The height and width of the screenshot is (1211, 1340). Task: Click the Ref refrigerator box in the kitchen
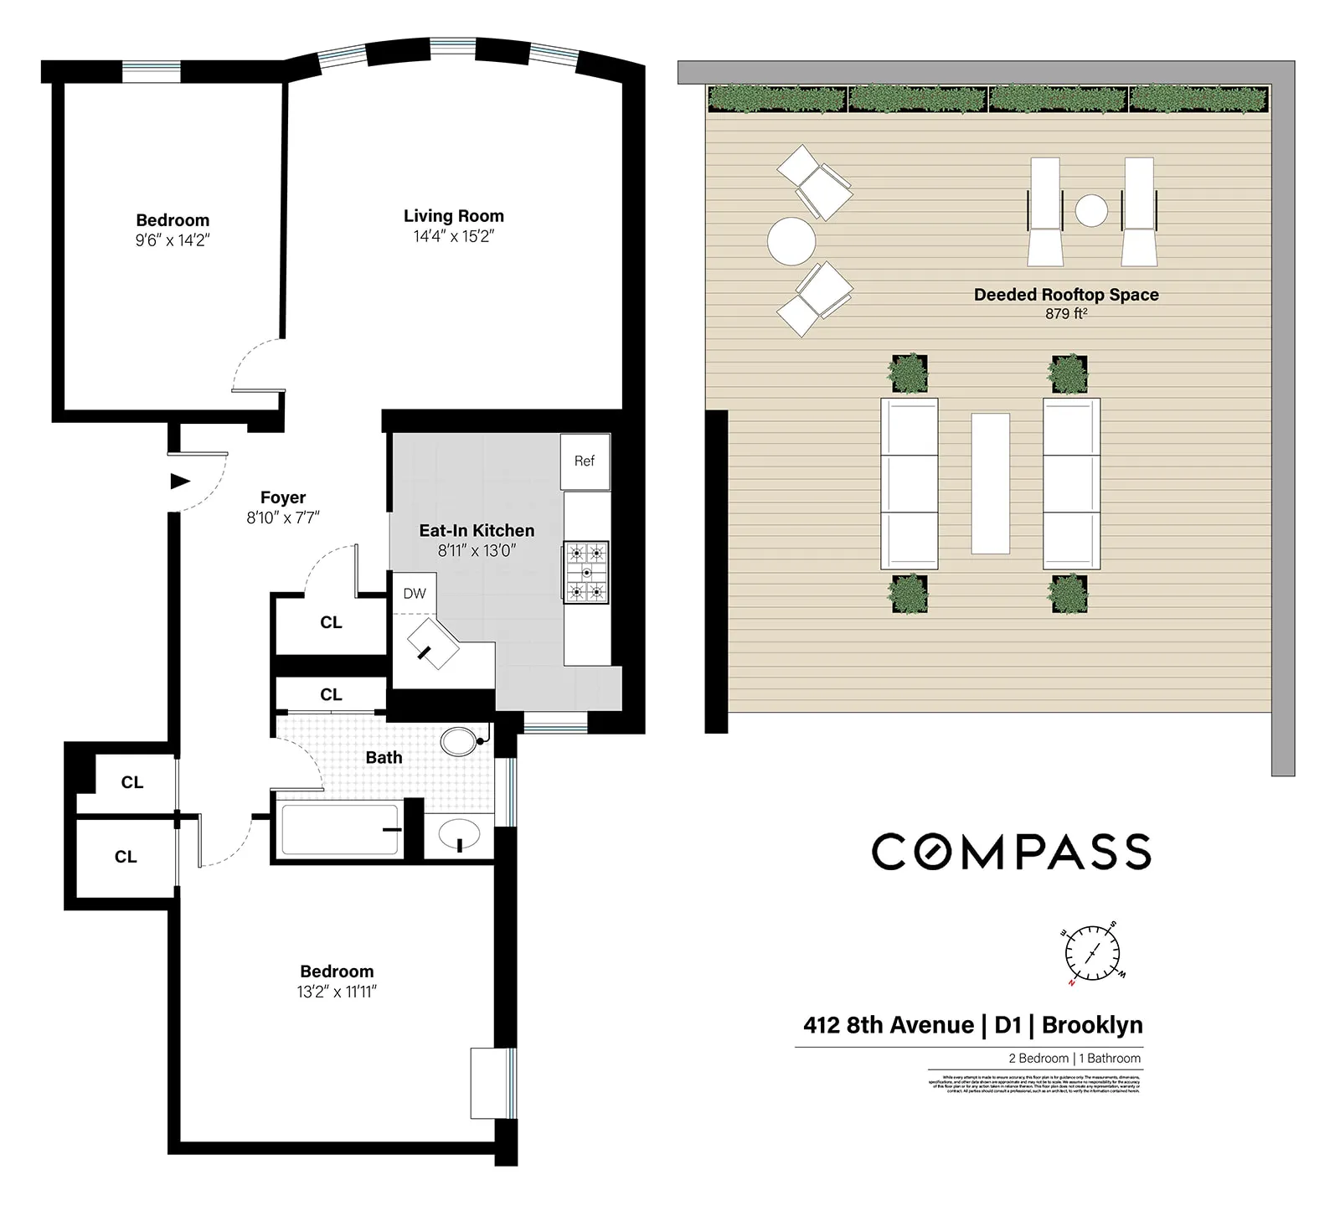pos(585,461)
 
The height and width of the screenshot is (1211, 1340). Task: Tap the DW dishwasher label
pos(415,594)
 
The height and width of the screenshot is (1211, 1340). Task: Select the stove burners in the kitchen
pos(586,572)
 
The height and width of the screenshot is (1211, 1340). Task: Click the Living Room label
pos(454,216)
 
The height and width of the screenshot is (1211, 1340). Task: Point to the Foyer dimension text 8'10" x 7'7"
pos(283,518)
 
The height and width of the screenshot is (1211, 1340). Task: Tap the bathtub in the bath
pos(339,829)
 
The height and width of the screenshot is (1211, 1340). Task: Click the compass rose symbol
pos(1092,953)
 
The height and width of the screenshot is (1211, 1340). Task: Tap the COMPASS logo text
pos(1011,852)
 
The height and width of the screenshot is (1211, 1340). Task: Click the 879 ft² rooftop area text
pos(1065,314)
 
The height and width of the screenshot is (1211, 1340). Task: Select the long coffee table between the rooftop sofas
pos(990,483)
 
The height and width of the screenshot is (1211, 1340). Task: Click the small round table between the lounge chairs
pos(1091,210)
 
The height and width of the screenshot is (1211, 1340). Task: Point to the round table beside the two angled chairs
pos(791,241)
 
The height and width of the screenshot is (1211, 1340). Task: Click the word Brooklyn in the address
pos(1092,1025)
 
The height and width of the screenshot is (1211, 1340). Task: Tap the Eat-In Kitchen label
pos(477,530)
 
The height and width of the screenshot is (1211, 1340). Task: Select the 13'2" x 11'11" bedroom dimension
pos(337,992)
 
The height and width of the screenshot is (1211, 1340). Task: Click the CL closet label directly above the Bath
pos(331,694)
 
